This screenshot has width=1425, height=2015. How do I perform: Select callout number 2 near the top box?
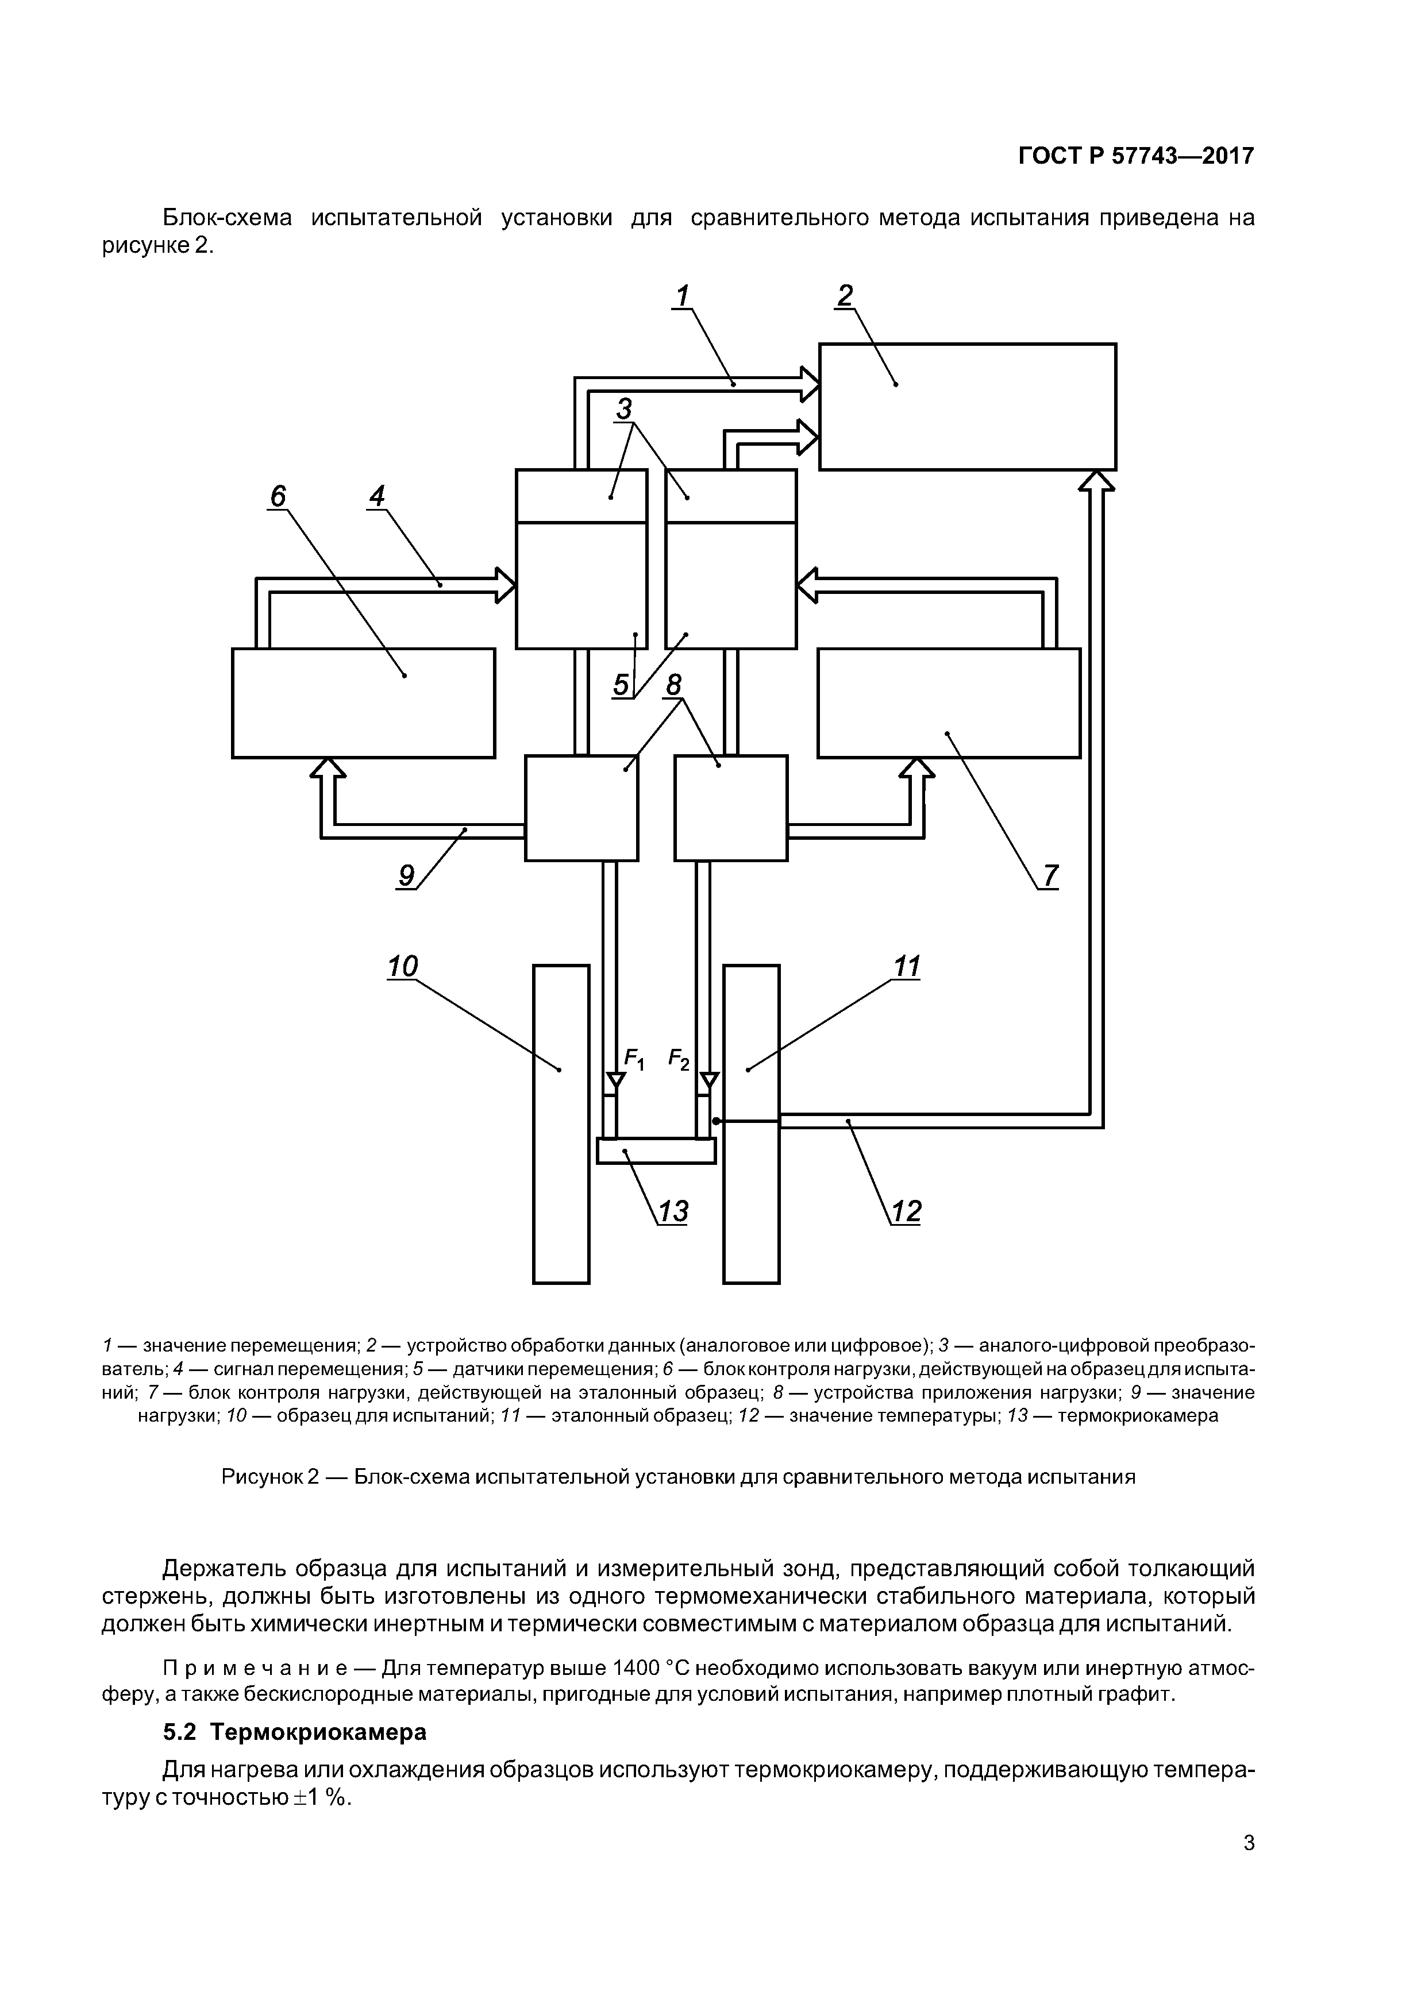(845, 296)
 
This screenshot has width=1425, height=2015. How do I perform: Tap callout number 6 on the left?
(278, 497)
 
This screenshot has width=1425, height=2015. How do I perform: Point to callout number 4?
(377, 497)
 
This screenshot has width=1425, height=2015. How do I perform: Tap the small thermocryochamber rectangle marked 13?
(656, 1151)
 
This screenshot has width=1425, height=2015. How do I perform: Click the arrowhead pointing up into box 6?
(328, 768)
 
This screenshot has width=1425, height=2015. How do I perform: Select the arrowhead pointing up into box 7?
(916, 768)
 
